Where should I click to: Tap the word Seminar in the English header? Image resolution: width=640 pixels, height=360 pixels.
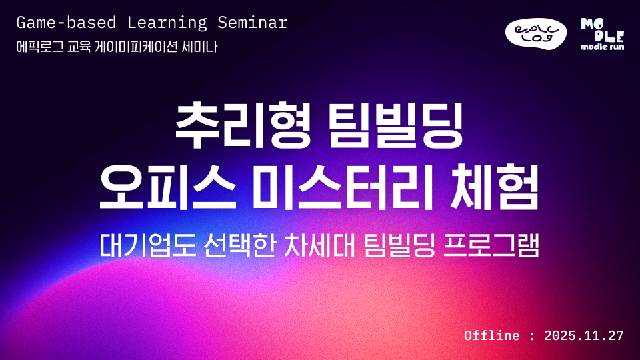[253, 23]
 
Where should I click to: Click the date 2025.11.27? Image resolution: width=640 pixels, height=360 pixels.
[583, 335]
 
